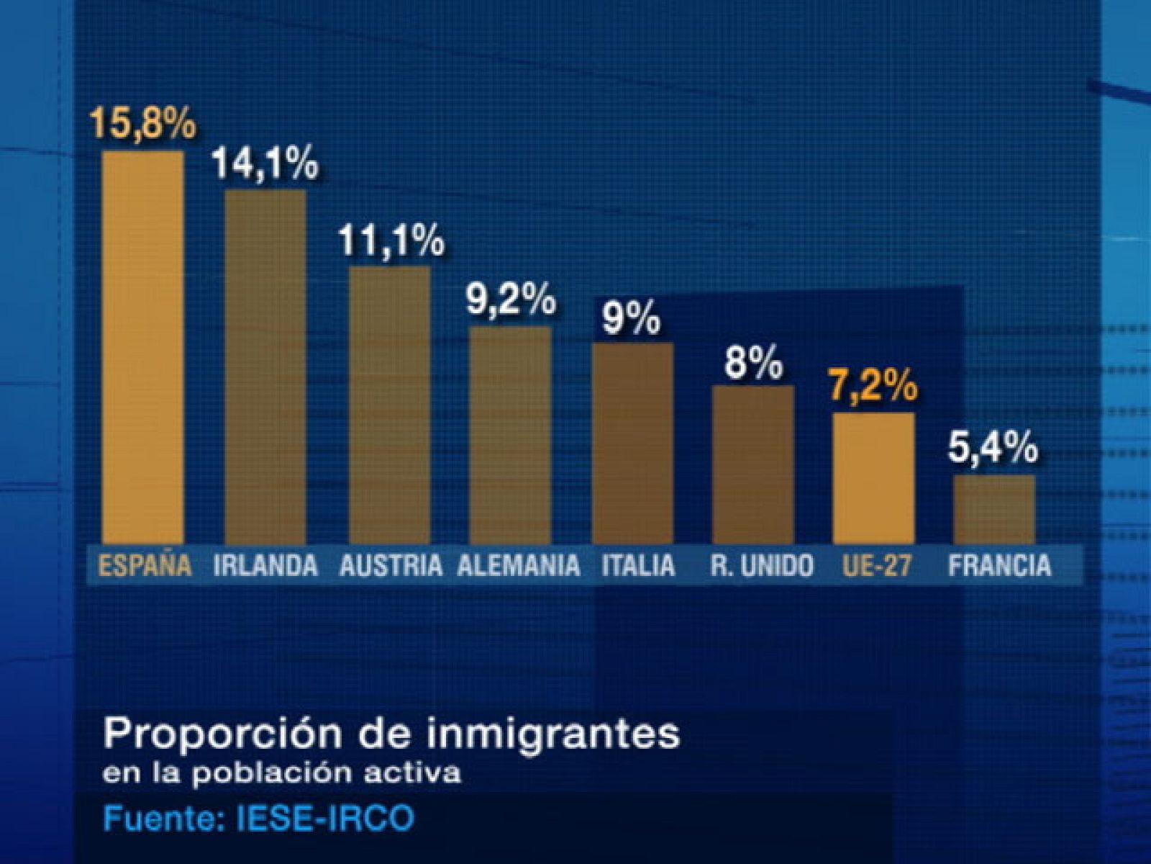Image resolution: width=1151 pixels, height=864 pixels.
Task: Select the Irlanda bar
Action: pos(265,366)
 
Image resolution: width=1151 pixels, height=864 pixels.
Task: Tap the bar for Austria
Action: pos(389,405)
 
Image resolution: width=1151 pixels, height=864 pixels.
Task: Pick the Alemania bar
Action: pos(510,435)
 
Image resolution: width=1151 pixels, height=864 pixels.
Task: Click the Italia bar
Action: pos(632,443)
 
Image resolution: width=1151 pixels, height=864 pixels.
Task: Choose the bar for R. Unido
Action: pos(753,464)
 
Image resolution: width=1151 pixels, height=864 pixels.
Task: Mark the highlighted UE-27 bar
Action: pos(873,478)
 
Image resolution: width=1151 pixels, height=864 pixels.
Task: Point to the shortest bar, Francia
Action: pos(994,509)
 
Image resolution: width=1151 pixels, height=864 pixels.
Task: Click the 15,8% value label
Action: pos(142,123)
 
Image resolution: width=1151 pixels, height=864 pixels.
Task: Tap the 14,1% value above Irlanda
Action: pos(265,163)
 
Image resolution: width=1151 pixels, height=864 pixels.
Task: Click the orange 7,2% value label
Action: pos(874,387)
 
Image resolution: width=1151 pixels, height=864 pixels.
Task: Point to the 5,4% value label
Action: pos(993,449)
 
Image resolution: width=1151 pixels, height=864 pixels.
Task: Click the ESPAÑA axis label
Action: pos(145,565)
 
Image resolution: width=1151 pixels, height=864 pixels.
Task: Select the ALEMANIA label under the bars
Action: pos(519,565)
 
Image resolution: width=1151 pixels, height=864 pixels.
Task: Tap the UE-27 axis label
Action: pos(875,565)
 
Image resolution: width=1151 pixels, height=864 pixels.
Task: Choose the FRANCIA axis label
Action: pos(999,565)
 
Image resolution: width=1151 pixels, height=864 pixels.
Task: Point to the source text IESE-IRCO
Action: pos(325,819)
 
